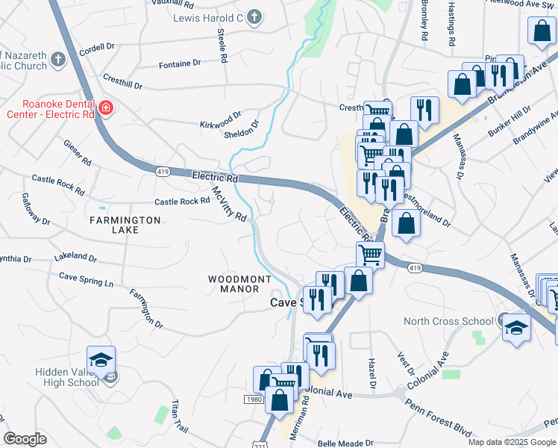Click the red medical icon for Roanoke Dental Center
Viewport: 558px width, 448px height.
(106, 109)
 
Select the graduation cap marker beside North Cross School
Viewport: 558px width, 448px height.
(516, 328)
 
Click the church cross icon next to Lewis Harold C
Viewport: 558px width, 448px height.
(254, 17)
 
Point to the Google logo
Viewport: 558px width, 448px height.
(25, 439)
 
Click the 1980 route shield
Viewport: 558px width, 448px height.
(254, 399)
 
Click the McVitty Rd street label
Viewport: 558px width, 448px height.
(229, 204)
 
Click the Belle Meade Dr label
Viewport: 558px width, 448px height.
(345, 443)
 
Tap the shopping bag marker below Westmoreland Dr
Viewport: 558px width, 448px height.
(405, 224)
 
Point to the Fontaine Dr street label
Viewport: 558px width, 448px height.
(186, 64)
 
